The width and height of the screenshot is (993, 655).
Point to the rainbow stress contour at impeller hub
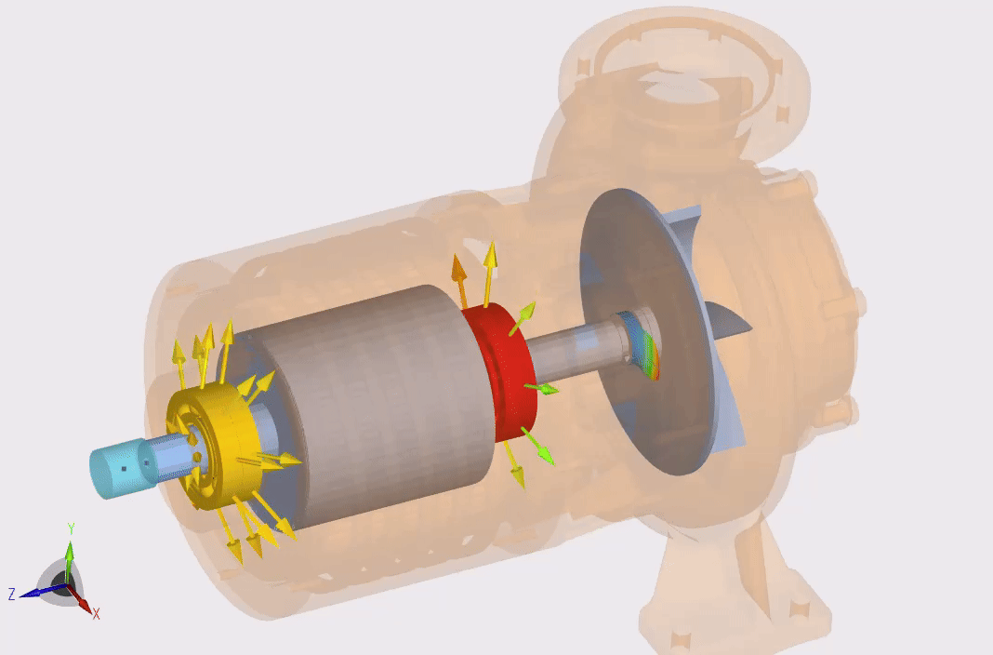pyautogui.click(x=652, y=357)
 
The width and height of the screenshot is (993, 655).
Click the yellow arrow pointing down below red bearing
pyautogui.click(x=514, y=465)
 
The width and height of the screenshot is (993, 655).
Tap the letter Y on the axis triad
pyautogui.click(x=70, y=528)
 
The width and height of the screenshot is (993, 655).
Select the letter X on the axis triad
pyautogui.click(x=96, y=613)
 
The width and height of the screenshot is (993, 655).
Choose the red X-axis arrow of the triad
pyautogui.click(x=83, y=604)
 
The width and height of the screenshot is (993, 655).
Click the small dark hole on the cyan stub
pyautogui.click(x=124, y=470)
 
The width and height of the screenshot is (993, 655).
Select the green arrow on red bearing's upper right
pyautogui.click(x=525, y=312)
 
